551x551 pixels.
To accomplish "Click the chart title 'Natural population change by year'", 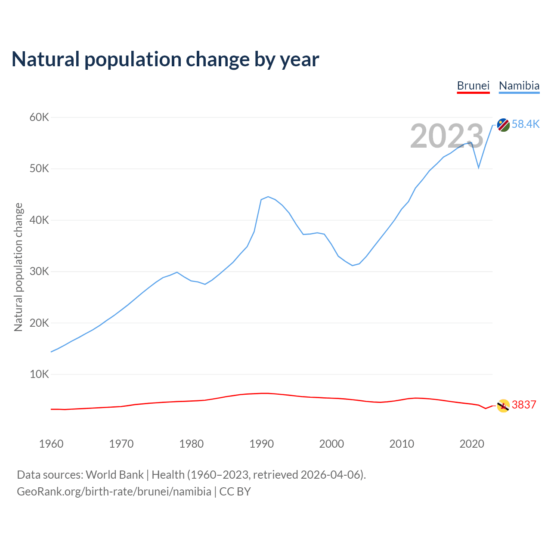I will [165, 59].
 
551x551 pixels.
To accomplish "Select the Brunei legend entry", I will [473, 86].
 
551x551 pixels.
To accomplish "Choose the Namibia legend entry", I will [519, 86].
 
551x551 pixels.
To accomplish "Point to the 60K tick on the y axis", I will [40, 117].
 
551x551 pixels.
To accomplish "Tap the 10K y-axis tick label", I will [40, 375].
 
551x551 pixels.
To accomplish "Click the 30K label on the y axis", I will [40, 272].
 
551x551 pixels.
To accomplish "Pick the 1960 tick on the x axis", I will [51, 444].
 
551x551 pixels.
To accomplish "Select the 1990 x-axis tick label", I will [261, 444].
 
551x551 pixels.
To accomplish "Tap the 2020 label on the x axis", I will [472, 444].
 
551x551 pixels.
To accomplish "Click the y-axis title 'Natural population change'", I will [19, 267].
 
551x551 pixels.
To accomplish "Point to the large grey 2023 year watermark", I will [447, 136].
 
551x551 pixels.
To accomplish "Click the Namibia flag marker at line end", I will [503, 125].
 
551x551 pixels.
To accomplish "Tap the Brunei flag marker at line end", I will [503, 406].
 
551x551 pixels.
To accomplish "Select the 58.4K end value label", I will [526, 124].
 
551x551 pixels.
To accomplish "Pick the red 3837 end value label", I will [524, 405].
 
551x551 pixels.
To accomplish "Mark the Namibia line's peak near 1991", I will [268, 197].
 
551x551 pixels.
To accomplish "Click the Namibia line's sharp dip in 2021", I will [479, 167].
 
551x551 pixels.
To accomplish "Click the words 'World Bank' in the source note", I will [115, 475].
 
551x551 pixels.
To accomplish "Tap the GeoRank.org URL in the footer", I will [114, 492].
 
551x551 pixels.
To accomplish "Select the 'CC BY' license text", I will [235, 492].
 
